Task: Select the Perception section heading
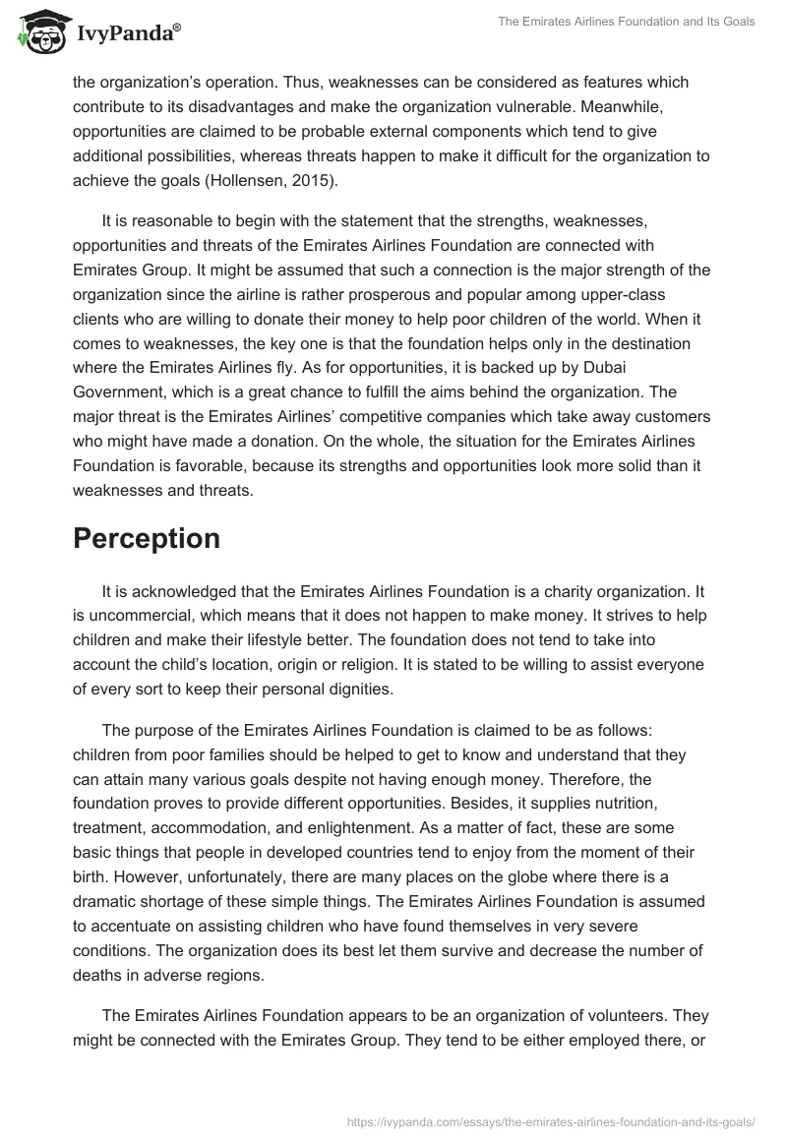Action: pyautogui.click(x=147, y=538)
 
